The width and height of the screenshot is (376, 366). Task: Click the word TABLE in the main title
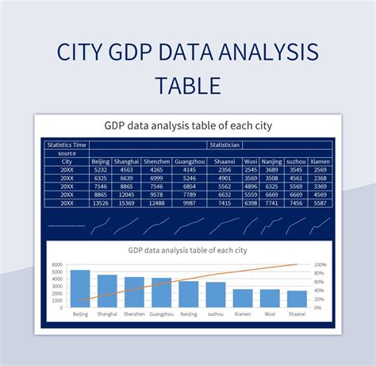pos(187,85)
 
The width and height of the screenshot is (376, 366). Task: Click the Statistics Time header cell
pos(67,145)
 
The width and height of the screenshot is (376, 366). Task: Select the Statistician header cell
pos(224,145)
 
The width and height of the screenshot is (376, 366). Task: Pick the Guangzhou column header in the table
pos(189,161)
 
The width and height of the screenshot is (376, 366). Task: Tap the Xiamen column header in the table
pos(320,161)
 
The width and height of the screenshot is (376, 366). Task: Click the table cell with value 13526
pos(101,202)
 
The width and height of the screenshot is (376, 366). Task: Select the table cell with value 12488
pos(157,202)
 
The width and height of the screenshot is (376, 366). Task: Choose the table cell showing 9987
pos(189,202)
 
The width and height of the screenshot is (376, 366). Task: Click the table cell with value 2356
pos(224,170)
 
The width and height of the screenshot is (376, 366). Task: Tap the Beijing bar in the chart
pos(80,288)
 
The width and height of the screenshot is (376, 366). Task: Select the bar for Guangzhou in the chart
pos(161,292)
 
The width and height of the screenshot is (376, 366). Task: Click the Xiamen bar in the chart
pos(243,298)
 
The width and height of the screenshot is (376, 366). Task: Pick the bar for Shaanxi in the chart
pos(297,299)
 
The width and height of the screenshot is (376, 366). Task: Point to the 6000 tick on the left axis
pos(57,265)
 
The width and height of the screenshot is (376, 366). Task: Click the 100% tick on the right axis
pos(320,265)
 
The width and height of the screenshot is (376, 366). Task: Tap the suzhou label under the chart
pos(215,314)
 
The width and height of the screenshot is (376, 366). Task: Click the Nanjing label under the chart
pos(188,314)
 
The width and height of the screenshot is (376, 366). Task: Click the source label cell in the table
pos(67,153)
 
